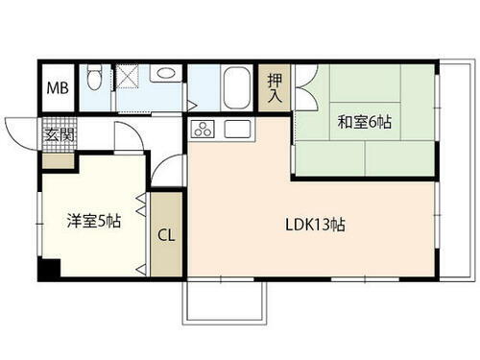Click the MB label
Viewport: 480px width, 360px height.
click(x=57, y=90)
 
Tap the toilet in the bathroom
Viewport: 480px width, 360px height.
click(x=94, y=77)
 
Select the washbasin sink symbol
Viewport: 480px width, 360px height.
click(x=164, y=73)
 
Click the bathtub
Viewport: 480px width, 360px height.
click(x=236, y=88)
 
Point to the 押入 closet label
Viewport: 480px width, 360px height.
click(x=274, y=87)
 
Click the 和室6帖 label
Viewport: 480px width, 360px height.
click(x=364, y=122)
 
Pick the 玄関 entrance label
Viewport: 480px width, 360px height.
click(x=58, y=134)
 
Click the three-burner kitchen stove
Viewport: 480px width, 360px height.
click(x=204, y=129)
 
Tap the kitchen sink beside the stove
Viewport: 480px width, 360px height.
click(x=236, y=129)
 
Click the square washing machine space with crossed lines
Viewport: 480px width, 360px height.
click(x=128, y=76)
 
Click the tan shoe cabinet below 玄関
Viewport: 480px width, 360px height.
click(x=58, y=158)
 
